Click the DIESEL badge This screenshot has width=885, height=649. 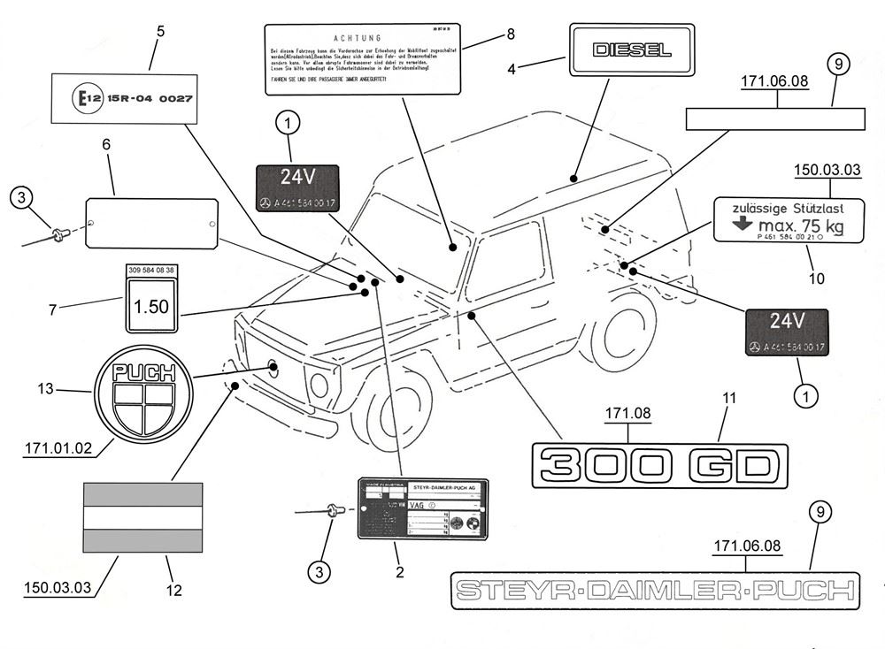point(627,50)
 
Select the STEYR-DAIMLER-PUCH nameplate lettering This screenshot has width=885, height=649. point(654,590)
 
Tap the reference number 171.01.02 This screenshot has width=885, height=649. point(58,448)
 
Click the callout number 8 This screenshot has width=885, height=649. point(511,34)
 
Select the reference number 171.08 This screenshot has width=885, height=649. point(628,413)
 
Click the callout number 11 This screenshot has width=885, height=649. point(728,400)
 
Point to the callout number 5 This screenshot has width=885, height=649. point(160,32)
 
